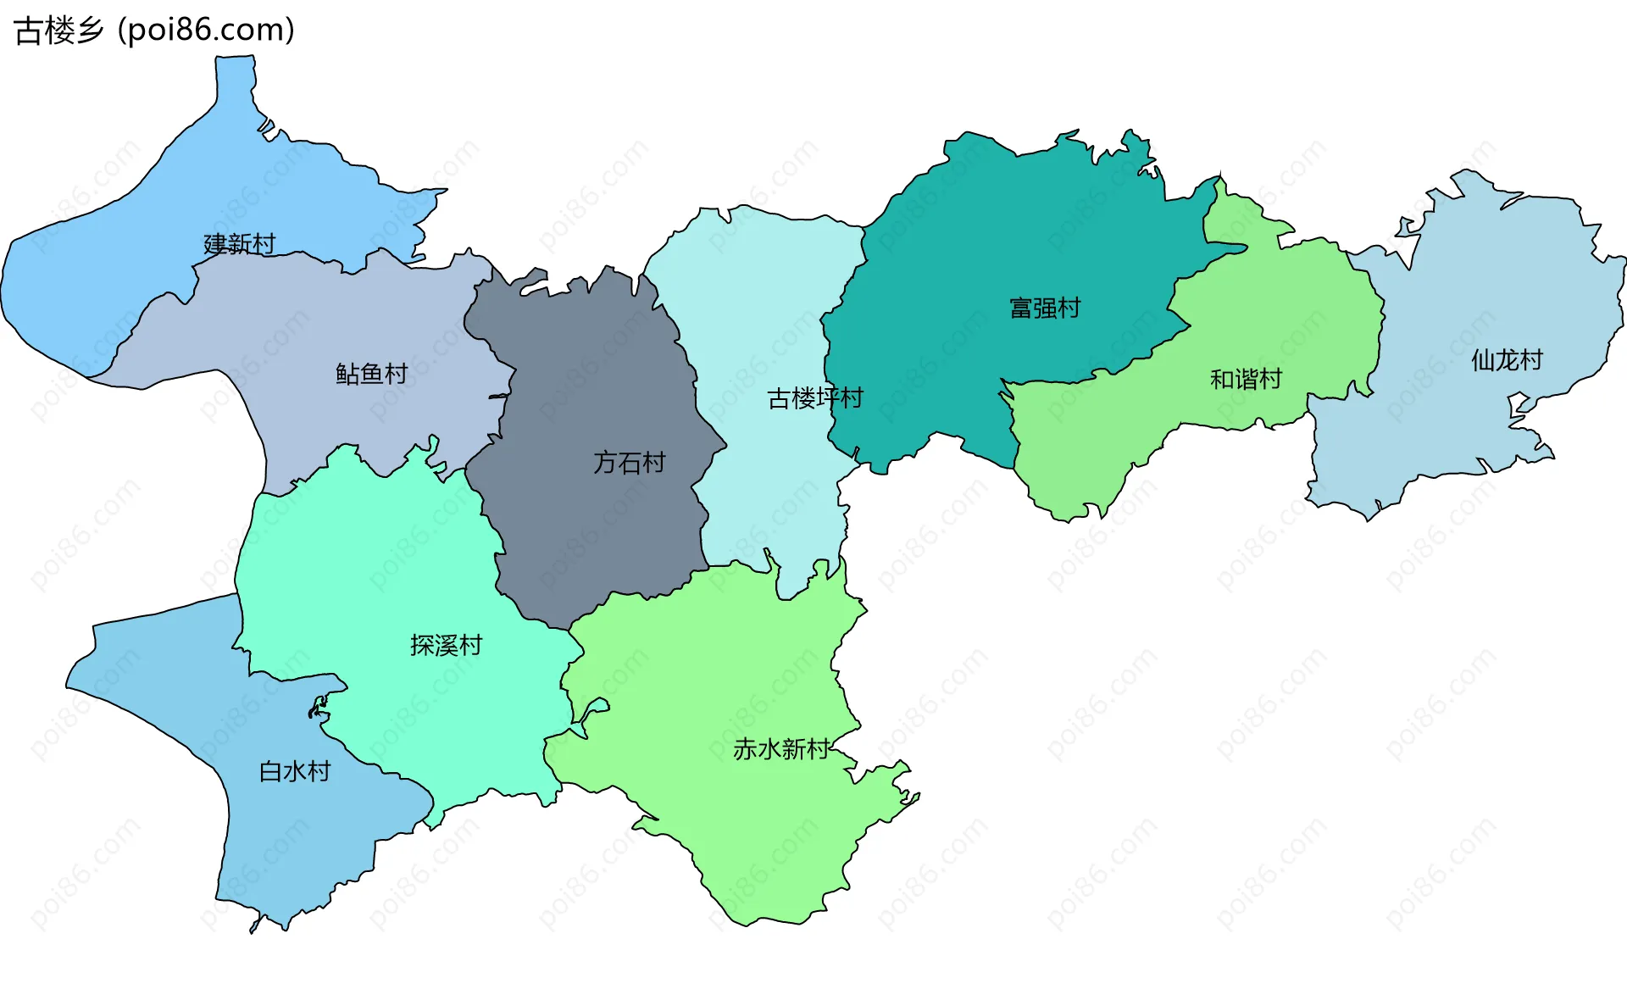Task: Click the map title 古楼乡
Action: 58,31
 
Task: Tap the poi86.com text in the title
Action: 206,31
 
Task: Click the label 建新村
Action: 240,244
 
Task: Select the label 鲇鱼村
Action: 371,374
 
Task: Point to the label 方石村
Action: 629,463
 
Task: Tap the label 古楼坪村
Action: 814,398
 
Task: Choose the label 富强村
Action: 1045,308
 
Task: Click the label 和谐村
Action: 1246,379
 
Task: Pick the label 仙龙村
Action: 1507,360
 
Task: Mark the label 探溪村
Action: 446,646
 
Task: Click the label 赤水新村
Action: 780,749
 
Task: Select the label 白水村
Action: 294,771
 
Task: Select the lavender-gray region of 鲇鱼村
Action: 322,322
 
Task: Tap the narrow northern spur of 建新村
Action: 234,85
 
